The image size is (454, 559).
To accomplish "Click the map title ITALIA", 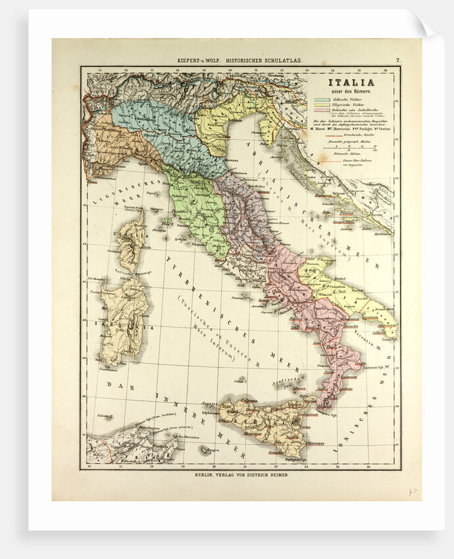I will coord(352,82).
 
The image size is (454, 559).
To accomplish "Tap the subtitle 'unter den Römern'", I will coord(352,91).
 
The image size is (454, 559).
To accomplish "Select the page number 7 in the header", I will coord(398,61).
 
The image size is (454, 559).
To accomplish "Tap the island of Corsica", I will coord(132,240).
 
